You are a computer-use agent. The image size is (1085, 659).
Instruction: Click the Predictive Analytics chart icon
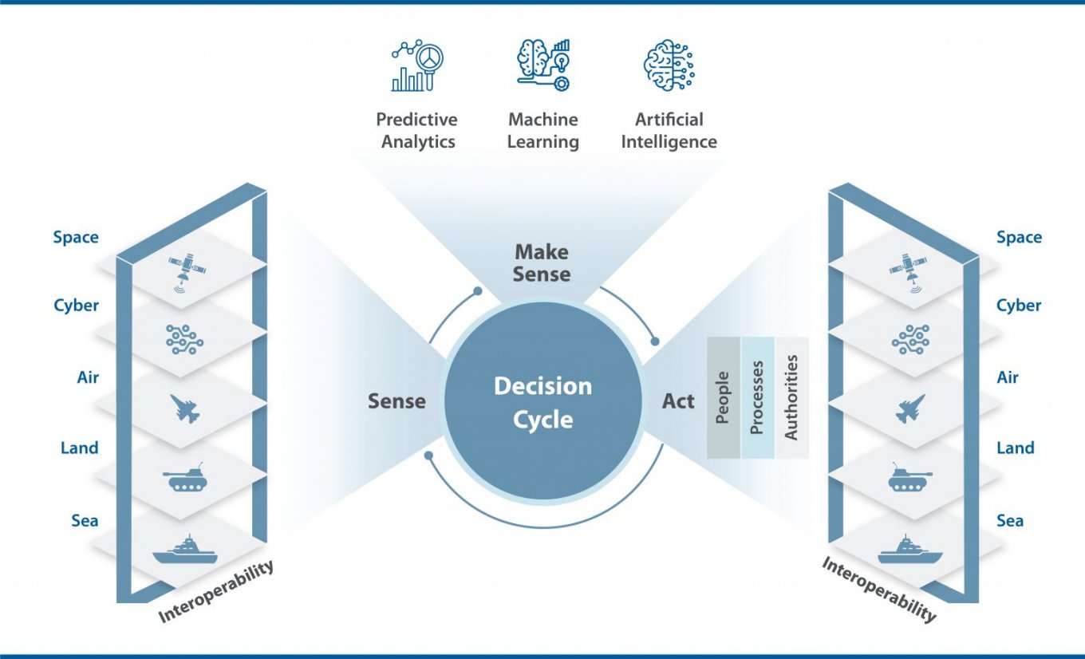(x=417, y=67)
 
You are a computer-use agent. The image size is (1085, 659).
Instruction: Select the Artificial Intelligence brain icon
(x=669, y=65)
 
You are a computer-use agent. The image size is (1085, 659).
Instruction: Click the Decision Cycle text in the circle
(x=542, y=402)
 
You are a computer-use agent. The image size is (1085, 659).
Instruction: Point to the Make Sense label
(x=542, y=263)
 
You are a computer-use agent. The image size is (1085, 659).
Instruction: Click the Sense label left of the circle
(x=397, y=401)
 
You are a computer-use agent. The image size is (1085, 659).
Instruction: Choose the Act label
(x=678, y=401)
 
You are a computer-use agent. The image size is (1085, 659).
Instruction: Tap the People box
(x=724, y=397)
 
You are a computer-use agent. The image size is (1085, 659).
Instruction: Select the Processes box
(x=757, y=397)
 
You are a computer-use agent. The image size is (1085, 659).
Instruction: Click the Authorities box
(x=791, y=397)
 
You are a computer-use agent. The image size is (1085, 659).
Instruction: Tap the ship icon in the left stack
(x=184, y=550)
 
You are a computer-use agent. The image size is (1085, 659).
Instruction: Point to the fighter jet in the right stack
(x=910, y=408)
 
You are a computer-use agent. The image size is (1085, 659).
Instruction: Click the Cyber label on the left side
(x=77, y=306)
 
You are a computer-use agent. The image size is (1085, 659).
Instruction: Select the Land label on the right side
(x=1015, y=448)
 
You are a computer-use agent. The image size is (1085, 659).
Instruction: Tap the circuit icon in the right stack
(x=910, y=340)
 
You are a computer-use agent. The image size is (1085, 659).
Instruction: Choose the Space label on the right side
(x=1019, y=237)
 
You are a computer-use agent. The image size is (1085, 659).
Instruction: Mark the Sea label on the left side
(x=85, y=521)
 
